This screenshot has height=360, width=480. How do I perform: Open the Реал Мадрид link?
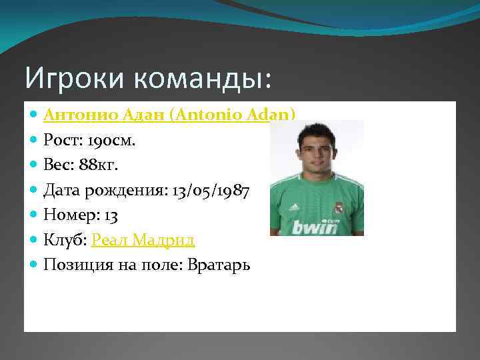[143, 241]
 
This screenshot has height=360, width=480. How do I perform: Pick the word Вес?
[57, 166]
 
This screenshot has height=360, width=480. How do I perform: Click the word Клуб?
[63, 241]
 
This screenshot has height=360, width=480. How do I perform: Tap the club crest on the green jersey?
[338, 209]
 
